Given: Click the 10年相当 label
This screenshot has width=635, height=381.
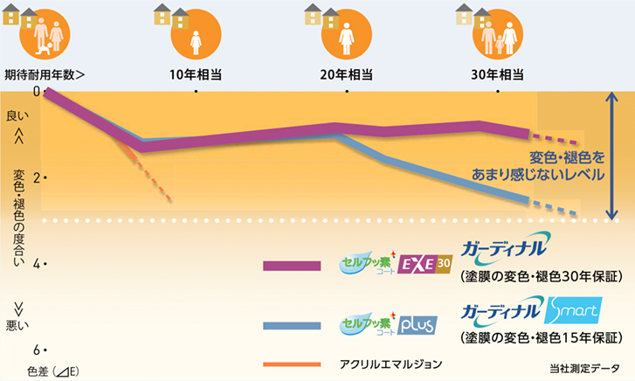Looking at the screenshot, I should pyautogui.click(x=197, y=74).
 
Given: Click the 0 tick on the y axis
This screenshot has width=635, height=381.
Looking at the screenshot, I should pyautogui.click(x=36, y=91).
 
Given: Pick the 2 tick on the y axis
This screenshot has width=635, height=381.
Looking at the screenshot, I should pyautogui.click(x=36, y=177).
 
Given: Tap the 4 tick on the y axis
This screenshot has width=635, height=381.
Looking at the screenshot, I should pyautogui.click(x=36, y=263).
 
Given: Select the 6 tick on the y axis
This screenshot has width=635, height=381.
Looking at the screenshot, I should pyautogui.click(x=36, y=350).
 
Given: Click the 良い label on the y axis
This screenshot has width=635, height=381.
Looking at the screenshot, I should pyautogui.click(x=17, y=115).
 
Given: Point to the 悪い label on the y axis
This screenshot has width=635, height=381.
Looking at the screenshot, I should pyautogui.click(x=17, y=325).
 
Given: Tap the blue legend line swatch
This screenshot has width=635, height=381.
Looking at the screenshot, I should pyautogui.click(x=292, y=326).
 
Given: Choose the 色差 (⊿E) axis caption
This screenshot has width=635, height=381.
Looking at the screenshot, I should pyautogui.click(x=53, y=371).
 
